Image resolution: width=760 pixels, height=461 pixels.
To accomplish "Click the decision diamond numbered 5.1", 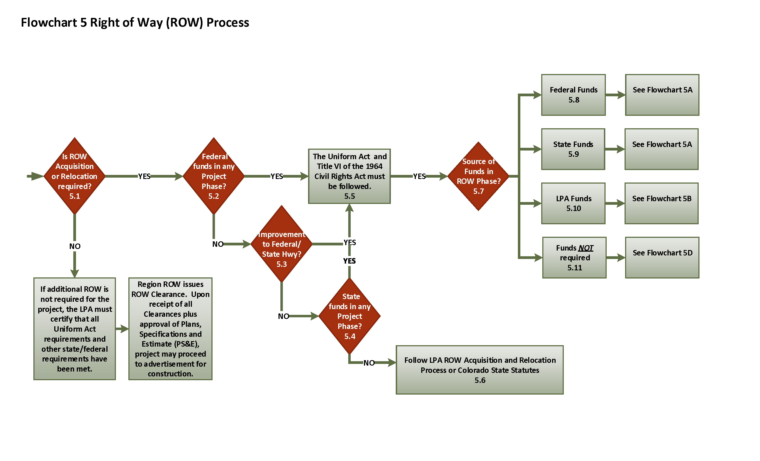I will click(x=74, y=176).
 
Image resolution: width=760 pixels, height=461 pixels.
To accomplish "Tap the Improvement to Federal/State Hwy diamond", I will click(x=281, y=244).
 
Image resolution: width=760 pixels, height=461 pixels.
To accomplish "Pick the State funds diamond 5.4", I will click(x=350, y=316).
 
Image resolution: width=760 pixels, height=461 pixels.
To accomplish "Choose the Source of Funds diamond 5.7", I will click(x=478, y=176).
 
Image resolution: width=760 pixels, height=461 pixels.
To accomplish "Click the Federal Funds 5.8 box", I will click(x=573, y=95).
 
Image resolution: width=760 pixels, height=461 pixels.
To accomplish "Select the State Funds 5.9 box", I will click(x=573, y=149).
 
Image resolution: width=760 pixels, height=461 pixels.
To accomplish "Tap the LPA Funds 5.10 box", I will click(x=573, y=203).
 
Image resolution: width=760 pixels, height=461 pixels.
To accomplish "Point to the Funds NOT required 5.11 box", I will click(x=574, y=257).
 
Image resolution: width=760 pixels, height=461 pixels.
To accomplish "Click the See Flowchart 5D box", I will click(x=662, y=257).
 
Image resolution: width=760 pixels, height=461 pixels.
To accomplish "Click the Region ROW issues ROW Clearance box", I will click(x=170, y=328).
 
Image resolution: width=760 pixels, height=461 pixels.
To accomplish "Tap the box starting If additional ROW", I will click(x=74, y=328).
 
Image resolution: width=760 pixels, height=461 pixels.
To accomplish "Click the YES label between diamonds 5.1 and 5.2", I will click(x=144, y=176).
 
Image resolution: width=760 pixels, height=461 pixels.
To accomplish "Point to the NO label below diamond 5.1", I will click(x=75, y=246).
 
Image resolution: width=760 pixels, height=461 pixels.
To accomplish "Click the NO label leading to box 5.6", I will click(x=369, y=363).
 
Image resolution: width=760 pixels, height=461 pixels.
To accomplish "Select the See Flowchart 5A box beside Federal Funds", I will click(x=662, y=95).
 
